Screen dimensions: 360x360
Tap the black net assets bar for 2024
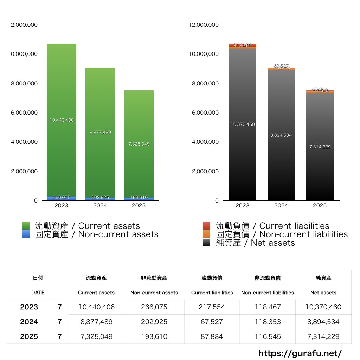(281, 158)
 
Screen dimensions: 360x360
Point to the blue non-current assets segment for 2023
(62, 198)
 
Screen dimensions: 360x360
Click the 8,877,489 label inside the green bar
(100, 133)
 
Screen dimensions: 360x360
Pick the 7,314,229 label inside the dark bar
(320, 147)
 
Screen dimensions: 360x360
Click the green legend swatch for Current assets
(26, 226)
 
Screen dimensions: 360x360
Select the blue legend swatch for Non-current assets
(26, 234)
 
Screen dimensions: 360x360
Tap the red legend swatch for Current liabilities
(207, 226)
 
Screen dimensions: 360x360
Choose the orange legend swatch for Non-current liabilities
(207, 234)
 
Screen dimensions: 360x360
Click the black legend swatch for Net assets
(207, 243)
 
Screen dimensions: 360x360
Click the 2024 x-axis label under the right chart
(281, 206)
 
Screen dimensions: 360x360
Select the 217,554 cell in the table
(212, 307)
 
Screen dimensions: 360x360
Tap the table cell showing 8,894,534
(323, 322)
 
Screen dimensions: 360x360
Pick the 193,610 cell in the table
(154, 336)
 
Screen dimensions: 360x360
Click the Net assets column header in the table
(323, 292)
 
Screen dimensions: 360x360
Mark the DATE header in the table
(38, 292)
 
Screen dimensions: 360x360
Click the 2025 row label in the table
(29, 336)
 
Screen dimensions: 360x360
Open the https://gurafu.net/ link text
(300, 353)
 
